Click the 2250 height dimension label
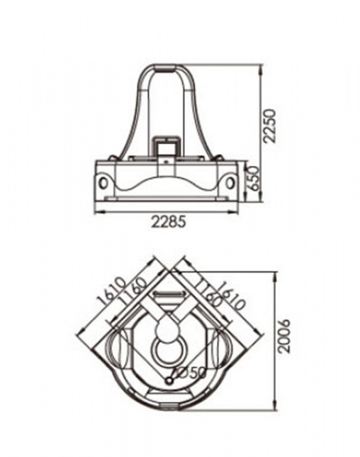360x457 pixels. pos(269,126)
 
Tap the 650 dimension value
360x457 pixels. pos(253,178)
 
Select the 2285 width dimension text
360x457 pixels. pos(168,222)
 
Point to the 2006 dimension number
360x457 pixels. pos(283,336)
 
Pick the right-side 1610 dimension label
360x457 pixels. pos(232,296)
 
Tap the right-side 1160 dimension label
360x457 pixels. pos(209,293)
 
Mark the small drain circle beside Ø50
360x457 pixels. pos(169,381)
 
